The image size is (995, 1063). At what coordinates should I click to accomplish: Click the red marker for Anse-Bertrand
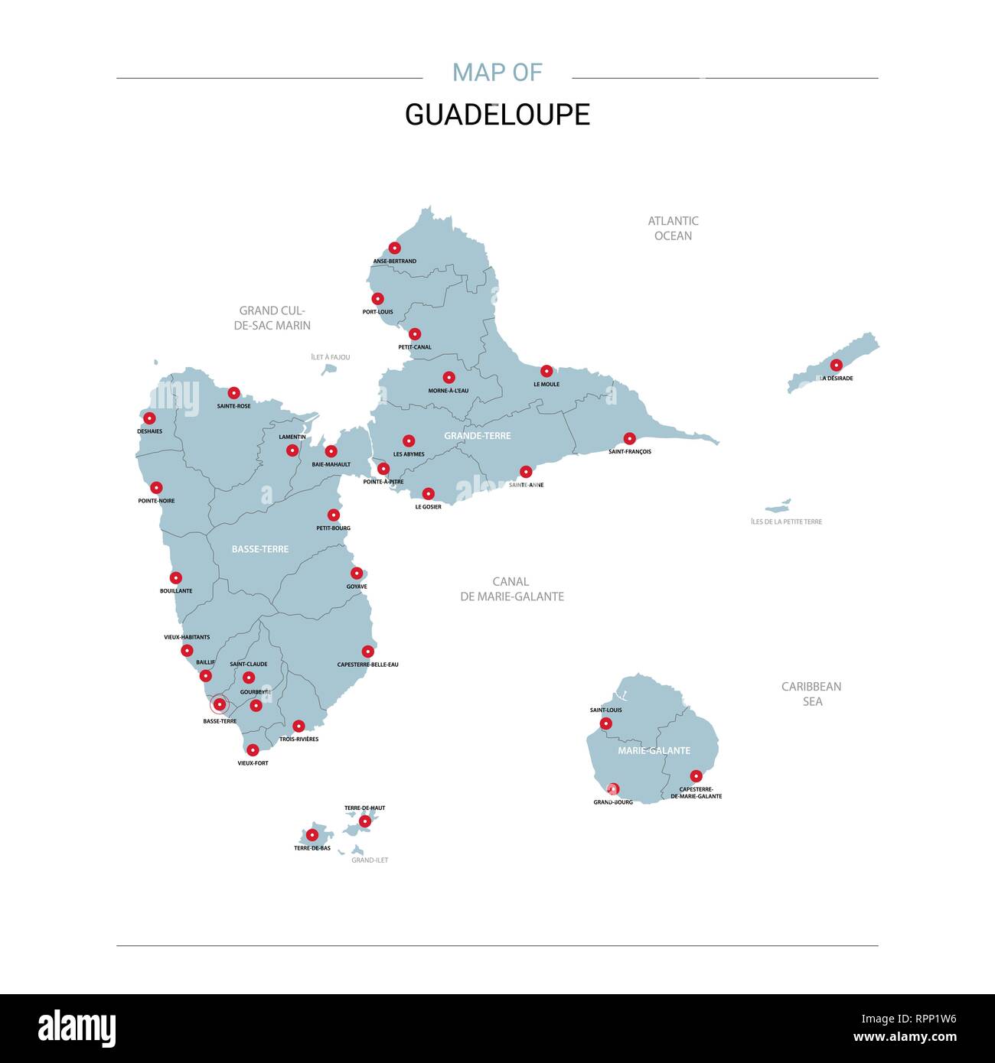click(394, 248)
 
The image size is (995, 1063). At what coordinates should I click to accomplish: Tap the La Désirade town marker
click(836, 365)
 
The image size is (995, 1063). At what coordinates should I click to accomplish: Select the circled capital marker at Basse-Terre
click(219, 704)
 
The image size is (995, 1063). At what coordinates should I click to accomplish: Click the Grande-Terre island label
click(477, 435)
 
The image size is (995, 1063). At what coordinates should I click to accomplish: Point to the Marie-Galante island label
click(654, 750)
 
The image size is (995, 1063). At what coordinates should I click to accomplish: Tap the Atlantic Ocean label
click(673, 228)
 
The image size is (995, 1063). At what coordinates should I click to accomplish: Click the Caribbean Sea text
click(811, 694)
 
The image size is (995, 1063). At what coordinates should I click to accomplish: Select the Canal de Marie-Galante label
click(511, 589)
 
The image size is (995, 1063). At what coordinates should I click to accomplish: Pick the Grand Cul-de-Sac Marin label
click(272, 317)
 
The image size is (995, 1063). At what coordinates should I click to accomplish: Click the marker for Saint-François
click(629, 438)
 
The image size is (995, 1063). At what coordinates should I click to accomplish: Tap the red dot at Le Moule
click(546, 371)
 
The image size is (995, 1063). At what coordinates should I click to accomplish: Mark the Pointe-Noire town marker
click(156, 487)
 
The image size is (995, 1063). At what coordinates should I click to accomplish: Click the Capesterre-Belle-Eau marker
click(368, 652)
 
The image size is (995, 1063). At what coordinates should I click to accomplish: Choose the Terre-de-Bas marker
click(312, 834)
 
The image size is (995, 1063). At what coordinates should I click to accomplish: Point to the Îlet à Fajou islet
click(329, 369)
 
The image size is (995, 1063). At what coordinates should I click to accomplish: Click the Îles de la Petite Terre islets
click(778, 507)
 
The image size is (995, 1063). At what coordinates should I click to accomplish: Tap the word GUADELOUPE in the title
click(497, 115)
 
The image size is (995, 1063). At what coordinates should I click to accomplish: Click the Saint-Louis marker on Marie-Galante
click(605, 723)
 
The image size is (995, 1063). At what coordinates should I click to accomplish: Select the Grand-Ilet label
click(370, 860)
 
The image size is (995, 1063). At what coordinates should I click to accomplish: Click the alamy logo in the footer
click(77, 1028)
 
